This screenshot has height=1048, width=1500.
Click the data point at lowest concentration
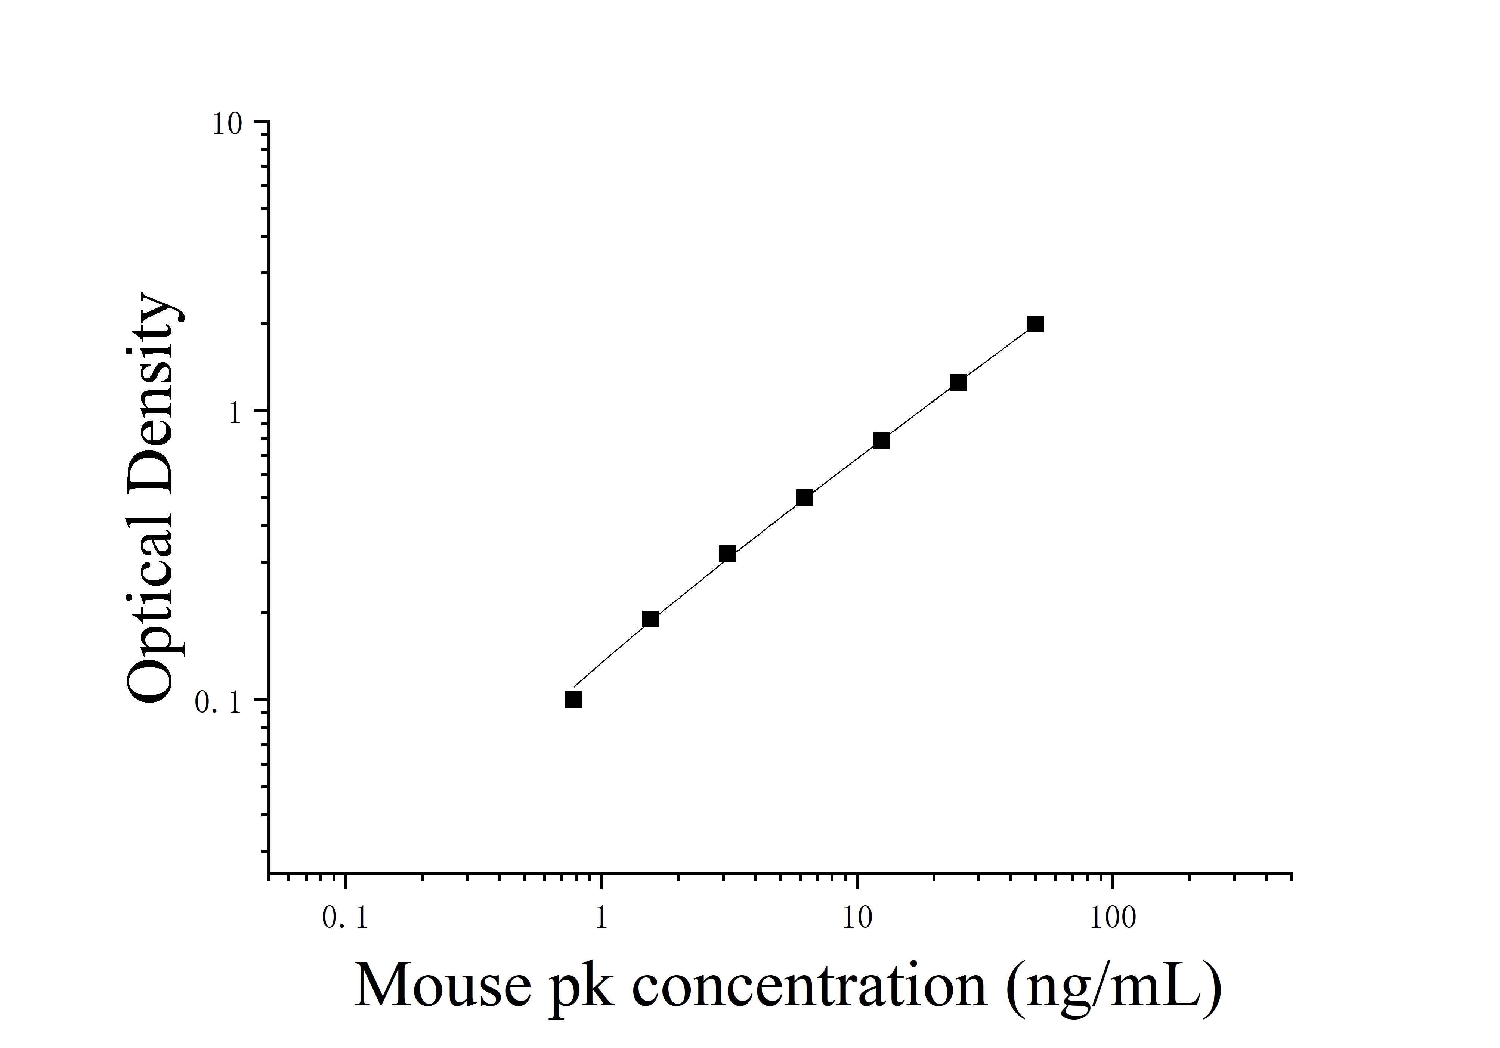coord(573,700)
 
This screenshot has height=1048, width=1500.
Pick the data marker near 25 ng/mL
coord(958,382)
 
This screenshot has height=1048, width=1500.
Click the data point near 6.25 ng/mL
coord(804,497)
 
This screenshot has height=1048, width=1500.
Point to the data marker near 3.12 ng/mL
coord(727,554)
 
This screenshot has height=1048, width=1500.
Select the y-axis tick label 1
coord(235,413)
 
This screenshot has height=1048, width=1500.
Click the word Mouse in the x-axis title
coord(442,986)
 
